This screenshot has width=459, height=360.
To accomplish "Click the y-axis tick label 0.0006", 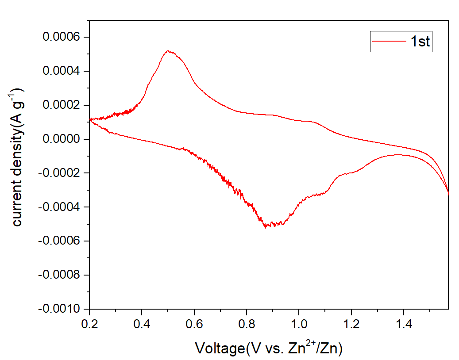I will [x=62, y=37].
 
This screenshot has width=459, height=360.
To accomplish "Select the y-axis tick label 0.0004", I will [x=62, y=71].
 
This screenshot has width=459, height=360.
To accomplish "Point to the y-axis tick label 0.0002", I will [x=62, y=105].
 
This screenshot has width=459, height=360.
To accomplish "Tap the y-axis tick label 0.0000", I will [x=62, y=139].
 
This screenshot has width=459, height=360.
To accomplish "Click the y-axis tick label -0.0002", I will [x=60, y=173].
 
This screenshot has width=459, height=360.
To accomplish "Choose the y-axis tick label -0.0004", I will [x=60, y=207].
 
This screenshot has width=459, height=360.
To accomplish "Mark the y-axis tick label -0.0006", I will [x=60, y=241].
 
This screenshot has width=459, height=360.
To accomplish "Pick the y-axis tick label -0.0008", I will [x=60, y=275].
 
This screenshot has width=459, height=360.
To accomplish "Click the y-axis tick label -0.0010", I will [x=60, y=309].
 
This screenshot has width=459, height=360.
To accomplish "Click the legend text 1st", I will [x=420, y=42].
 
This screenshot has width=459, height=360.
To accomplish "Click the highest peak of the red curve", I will [x=168, y=51].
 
